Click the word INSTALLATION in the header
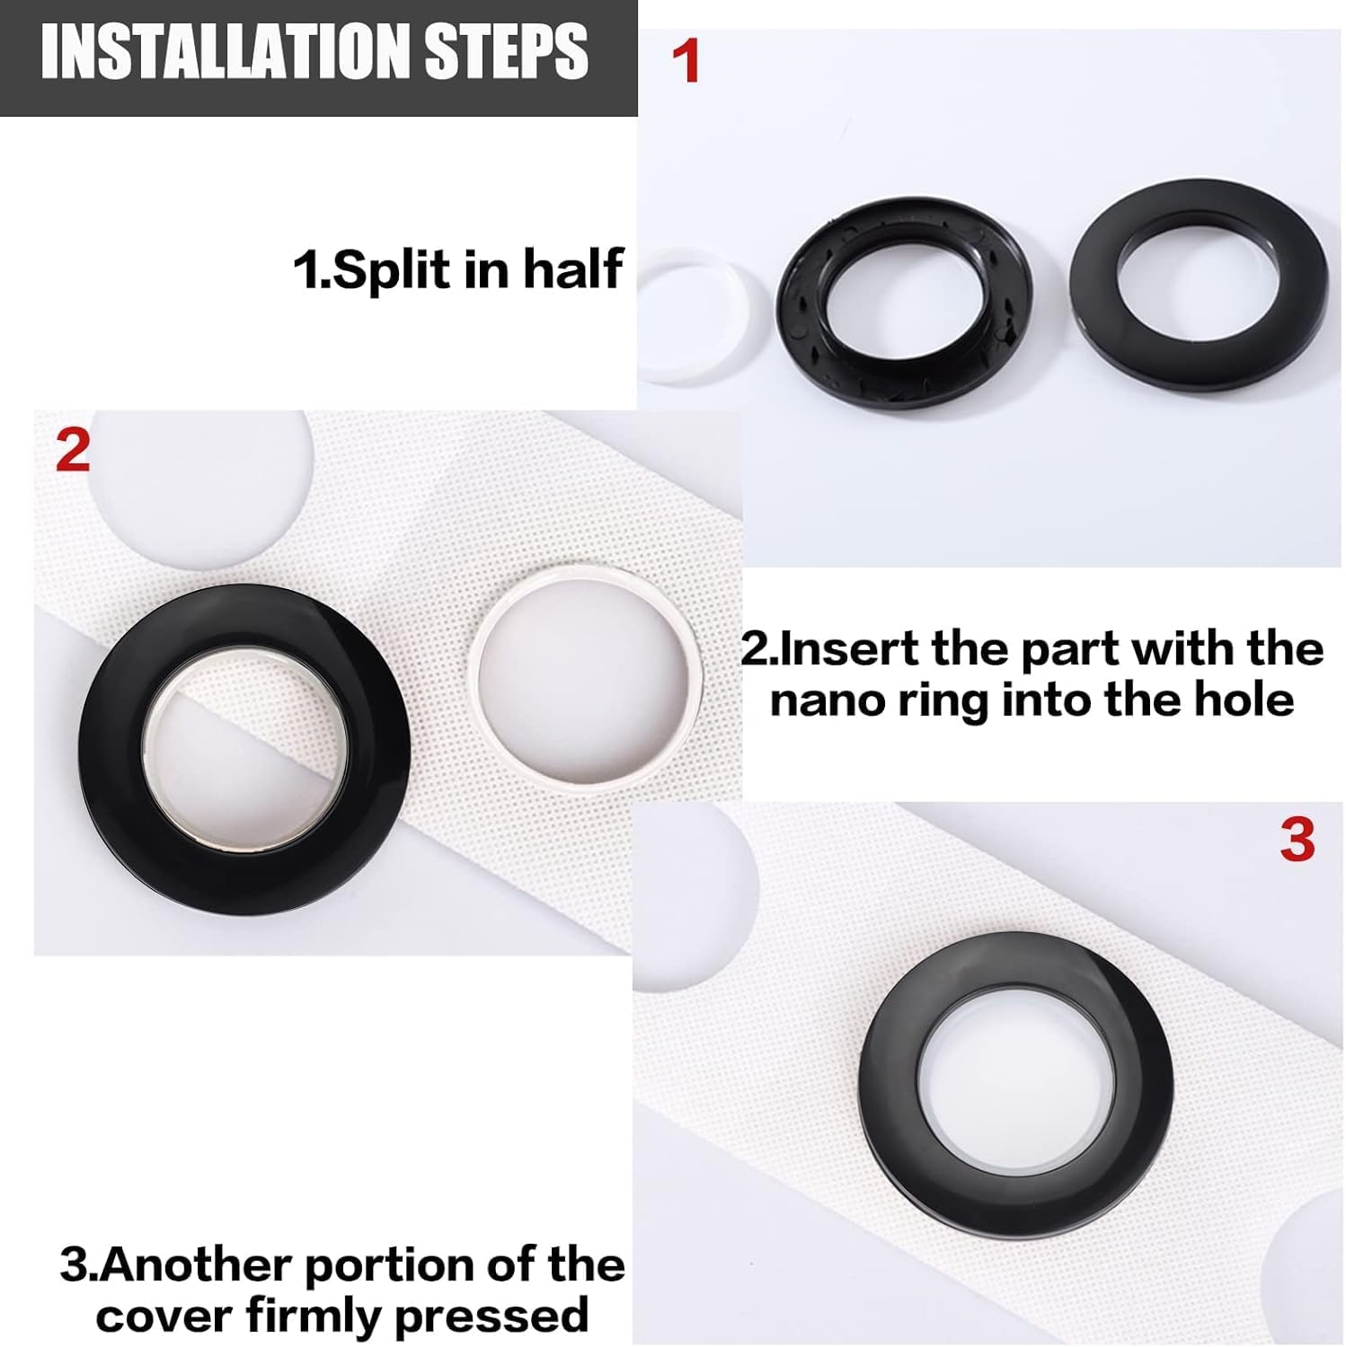pyautogui.click(x=227, y=52)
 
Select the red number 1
pyautogui.click(x=686, y=61)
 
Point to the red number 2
pyautogui.click(x=73, y=450)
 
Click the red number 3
pyautogui.click(x=1297, y=841)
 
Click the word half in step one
pyautogui.click(x=573, y=268)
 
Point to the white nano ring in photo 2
pyautogui.click(x=479, y=682)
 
